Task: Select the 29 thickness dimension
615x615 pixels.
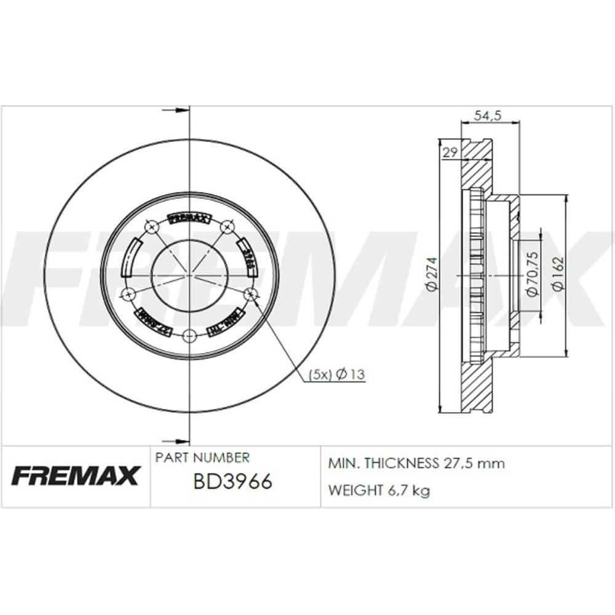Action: (450, 153)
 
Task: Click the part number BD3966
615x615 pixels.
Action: (232, 482)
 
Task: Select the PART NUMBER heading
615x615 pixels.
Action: (202, 458)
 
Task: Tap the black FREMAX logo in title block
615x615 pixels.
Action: (76, 475)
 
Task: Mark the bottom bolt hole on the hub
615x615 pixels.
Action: (189, 336)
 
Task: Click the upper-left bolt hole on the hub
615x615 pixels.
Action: (151, 228)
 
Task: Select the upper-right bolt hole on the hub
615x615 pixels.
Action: (228, 228)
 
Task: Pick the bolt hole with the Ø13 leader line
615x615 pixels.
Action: (251, 295)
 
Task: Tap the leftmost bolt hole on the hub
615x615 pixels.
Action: (128, 295)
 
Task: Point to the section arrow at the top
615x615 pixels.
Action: (176, 111)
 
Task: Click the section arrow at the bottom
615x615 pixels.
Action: (176, 440)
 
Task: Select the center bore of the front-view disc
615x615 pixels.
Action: (189, 276)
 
